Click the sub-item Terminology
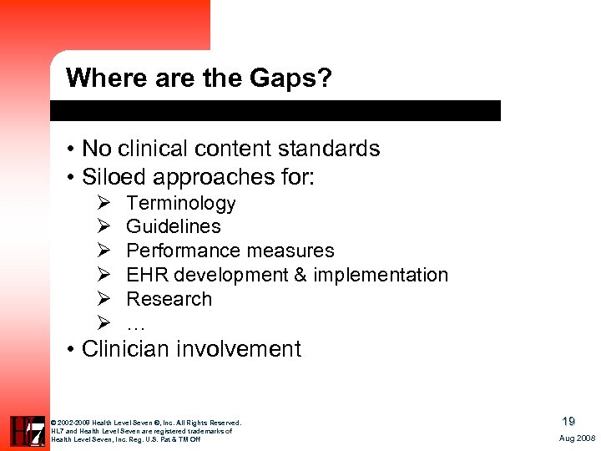181,204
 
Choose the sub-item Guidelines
174,226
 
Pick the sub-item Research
169,299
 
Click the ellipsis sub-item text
136,324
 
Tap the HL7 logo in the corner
28,431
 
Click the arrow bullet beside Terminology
104,204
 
